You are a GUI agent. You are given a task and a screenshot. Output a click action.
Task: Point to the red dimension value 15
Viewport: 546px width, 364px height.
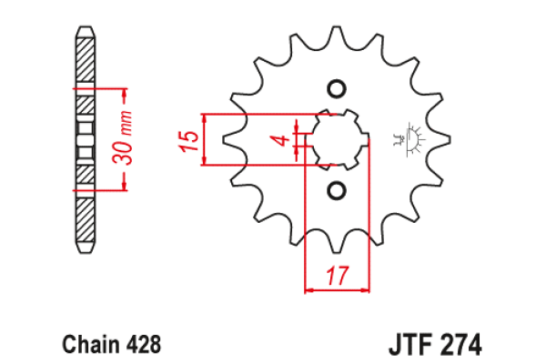pos(188,140)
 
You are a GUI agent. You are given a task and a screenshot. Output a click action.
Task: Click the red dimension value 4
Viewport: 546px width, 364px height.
pos(283,140)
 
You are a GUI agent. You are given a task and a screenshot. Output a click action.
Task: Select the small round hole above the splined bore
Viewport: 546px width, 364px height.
pos(336,89)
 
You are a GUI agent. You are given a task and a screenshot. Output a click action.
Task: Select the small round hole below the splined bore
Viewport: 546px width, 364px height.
pos(336,190)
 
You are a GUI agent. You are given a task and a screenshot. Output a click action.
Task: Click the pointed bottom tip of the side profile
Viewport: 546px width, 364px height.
pos(84,251)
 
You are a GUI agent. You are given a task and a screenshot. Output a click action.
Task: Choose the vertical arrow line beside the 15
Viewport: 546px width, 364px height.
pos(207,140)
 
